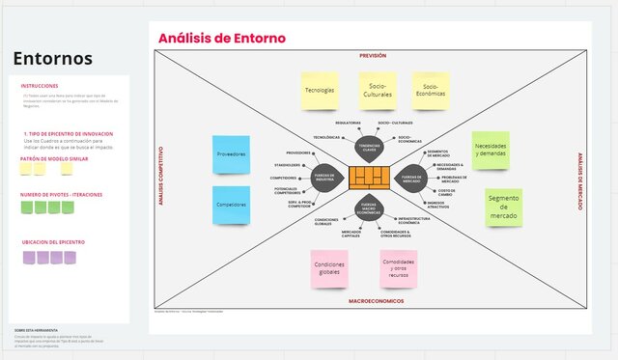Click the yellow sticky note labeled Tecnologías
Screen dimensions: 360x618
pos(319,90)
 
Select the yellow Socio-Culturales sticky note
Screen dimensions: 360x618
pos(378,90)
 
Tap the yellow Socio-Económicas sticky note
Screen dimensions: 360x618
pos(432,90)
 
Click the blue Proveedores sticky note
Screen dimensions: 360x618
pos(232,154)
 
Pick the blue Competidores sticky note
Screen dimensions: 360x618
pos(232,205)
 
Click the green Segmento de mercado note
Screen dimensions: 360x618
pos(503,207)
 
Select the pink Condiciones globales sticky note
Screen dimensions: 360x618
pos(330,269)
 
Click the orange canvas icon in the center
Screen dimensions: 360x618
pos(369,177)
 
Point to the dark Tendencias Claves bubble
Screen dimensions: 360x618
pos(369,147)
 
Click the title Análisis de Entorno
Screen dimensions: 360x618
pos(222,38)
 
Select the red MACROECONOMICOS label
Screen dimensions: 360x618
pos(376,301)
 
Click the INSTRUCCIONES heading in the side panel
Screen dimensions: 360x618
pos(40,86)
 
